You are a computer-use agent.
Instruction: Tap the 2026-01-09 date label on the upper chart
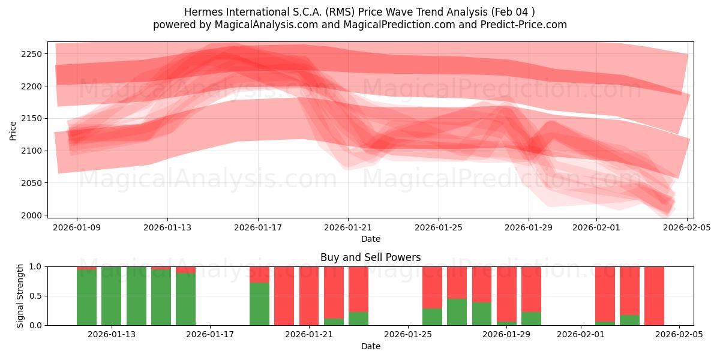pyautogui.click(x=77, y=228)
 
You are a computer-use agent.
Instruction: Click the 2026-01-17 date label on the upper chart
pyautogui.click(x=258, y=228)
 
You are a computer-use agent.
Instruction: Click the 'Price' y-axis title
pyautogui.click(x=13, y=130)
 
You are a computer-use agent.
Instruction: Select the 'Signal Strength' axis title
pyautogui.click(x=20, y=295)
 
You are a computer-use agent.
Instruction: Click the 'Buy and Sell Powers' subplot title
pyautogui.click(x=370, y=257)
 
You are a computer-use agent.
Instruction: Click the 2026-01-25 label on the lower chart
pyautogui.click(x=408, y=335)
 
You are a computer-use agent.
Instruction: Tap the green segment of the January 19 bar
pyautogui.click(x=259, y=304)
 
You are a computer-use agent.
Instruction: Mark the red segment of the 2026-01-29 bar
pyautogui.click(x=531, y=288)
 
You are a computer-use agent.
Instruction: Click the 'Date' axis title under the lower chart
pyautogui.click(x=370, y=346)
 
